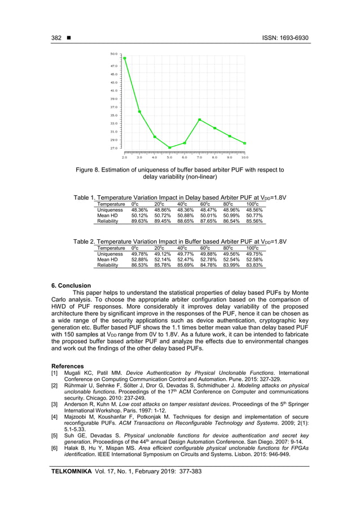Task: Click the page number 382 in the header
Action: pos(56,38)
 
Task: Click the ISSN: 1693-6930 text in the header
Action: pos(285,38)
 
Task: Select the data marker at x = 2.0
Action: pos(125,58)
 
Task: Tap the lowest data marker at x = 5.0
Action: pos(170,148)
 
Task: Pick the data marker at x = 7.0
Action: pos(200,120)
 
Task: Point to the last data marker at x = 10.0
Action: pos(245,143)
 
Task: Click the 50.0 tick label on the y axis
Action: pos(114,54)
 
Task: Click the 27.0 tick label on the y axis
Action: pos(114,148)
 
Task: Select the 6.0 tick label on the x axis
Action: pos(185,157)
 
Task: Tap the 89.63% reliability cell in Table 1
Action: pos(139,222)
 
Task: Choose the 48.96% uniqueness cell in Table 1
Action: pos(231,209)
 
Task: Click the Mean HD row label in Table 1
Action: pos(107,216)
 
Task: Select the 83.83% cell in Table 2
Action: pos(254,265)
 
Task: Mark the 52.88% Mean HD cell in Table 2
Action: pos(139,259)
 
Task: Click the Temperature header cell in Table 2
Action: pos(111,247)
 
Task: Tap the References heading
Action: pos(68,366)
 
